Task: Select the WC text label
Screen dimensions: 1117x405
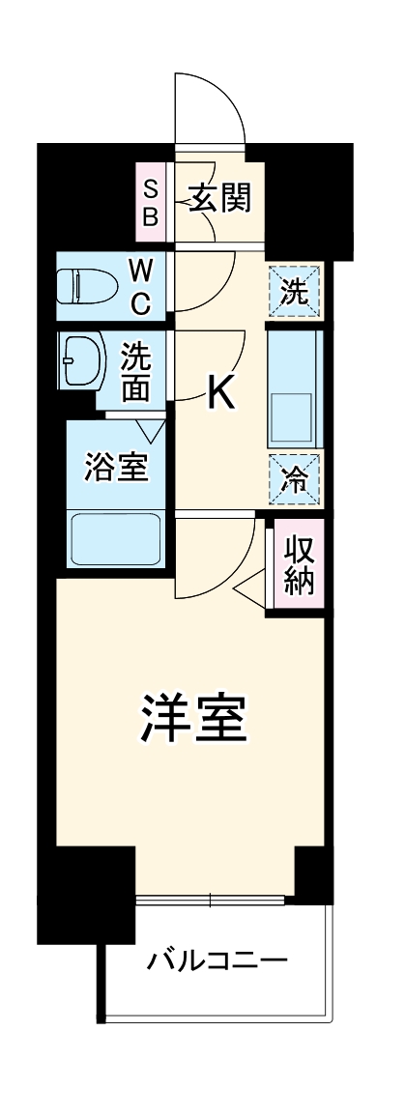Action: click(x=140, y=286)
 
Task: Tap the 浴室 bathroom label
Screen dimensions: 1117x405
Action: click(x=116, y=468)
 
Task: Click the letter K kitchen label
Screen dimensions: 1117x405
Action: click(x=221, y=392)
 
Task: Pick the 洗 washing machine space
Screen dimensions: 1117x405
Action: click(x=295, y=290)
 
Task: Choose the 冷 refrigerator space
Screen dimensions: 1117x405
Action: click(x=295, y=478)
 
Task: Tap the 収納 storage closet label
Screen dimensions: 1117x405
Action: click(x=298, y=564)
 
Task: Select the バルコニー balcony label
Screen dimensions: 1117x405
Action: click(x=217, y=961)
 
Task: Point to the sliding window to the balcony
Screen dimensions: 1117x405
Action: click(x=212, y=901)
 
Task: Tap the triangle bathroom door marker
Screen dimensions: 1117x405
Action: click(x=150, y=427)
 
